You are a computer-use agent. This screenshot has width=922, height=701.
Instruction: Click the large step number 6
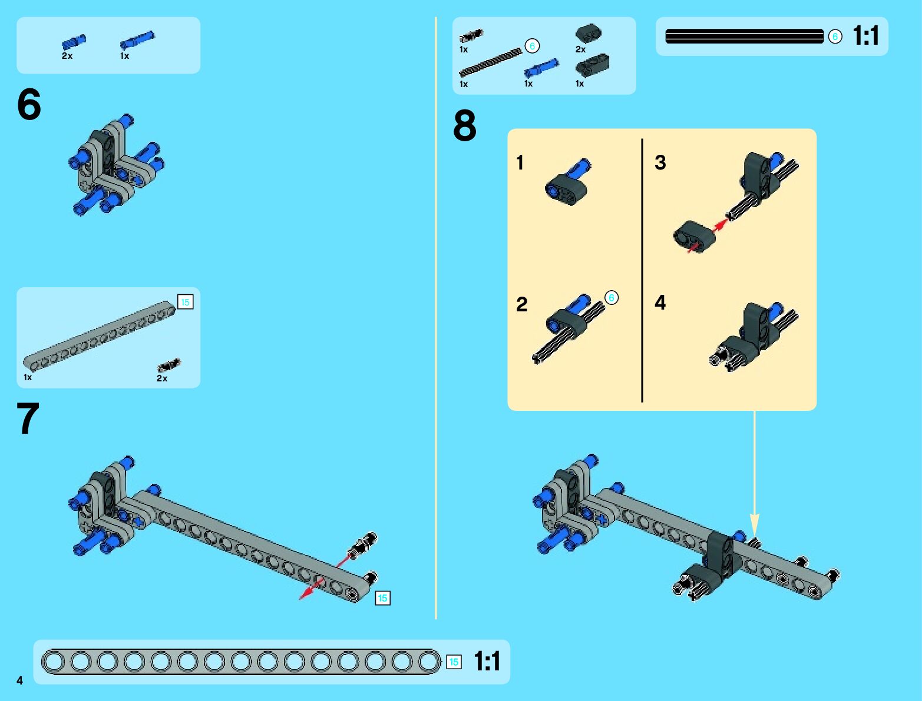pos(29,104)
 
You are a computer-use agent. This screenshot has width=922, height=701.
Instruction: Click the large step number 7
pos(28,418)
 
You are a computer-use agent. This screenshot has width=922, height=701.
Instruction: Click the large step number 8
pos(465,125)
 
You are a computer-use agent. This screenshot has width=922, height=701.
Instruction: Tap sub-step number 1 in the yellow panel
pos(520,162)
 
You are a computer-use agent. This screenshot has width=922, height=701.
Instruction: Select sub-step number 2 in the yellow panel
pos(522,304)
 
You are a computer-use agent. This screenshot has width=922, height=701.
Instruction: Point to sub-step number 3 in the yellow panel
pos(660,162)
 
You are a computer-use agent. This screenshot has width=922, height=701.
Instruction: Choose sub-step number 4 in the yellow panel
pos(660,302)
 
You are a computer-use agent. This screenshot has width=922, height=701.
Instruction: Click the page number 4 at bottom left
pos(20,680)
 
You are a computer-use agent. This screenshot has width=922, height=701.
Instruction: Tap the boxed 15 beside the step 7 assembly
pos(382,598)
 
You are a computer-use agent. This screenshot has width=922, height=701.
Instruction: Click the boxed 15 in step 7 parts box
pos(185,301)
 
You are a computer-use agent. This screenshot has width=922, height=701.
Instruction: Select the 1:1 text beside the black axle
pos(865,36)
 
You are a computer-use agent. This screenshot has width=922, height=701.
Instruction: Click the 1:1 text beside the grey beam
pos(487,662)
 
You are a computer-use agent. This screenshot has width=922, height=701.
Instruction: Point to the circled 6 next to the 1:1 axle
pos(835,36)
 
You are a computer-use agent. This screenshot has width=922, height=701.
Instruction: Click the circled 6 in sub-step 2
pos(611,297)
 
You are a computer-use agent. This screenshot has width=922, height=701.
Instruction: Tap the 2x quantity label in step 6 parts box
pos(67,56)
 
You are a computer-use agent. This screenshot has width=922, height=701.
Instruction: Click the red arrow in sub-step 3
pos(708,236)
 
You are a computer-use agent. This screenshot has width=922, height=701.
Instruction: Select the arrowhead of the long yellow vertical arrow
pos(755,524)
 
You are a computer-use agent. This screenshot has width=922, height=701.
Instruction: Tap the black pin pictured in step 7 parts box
pos(168,365)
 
